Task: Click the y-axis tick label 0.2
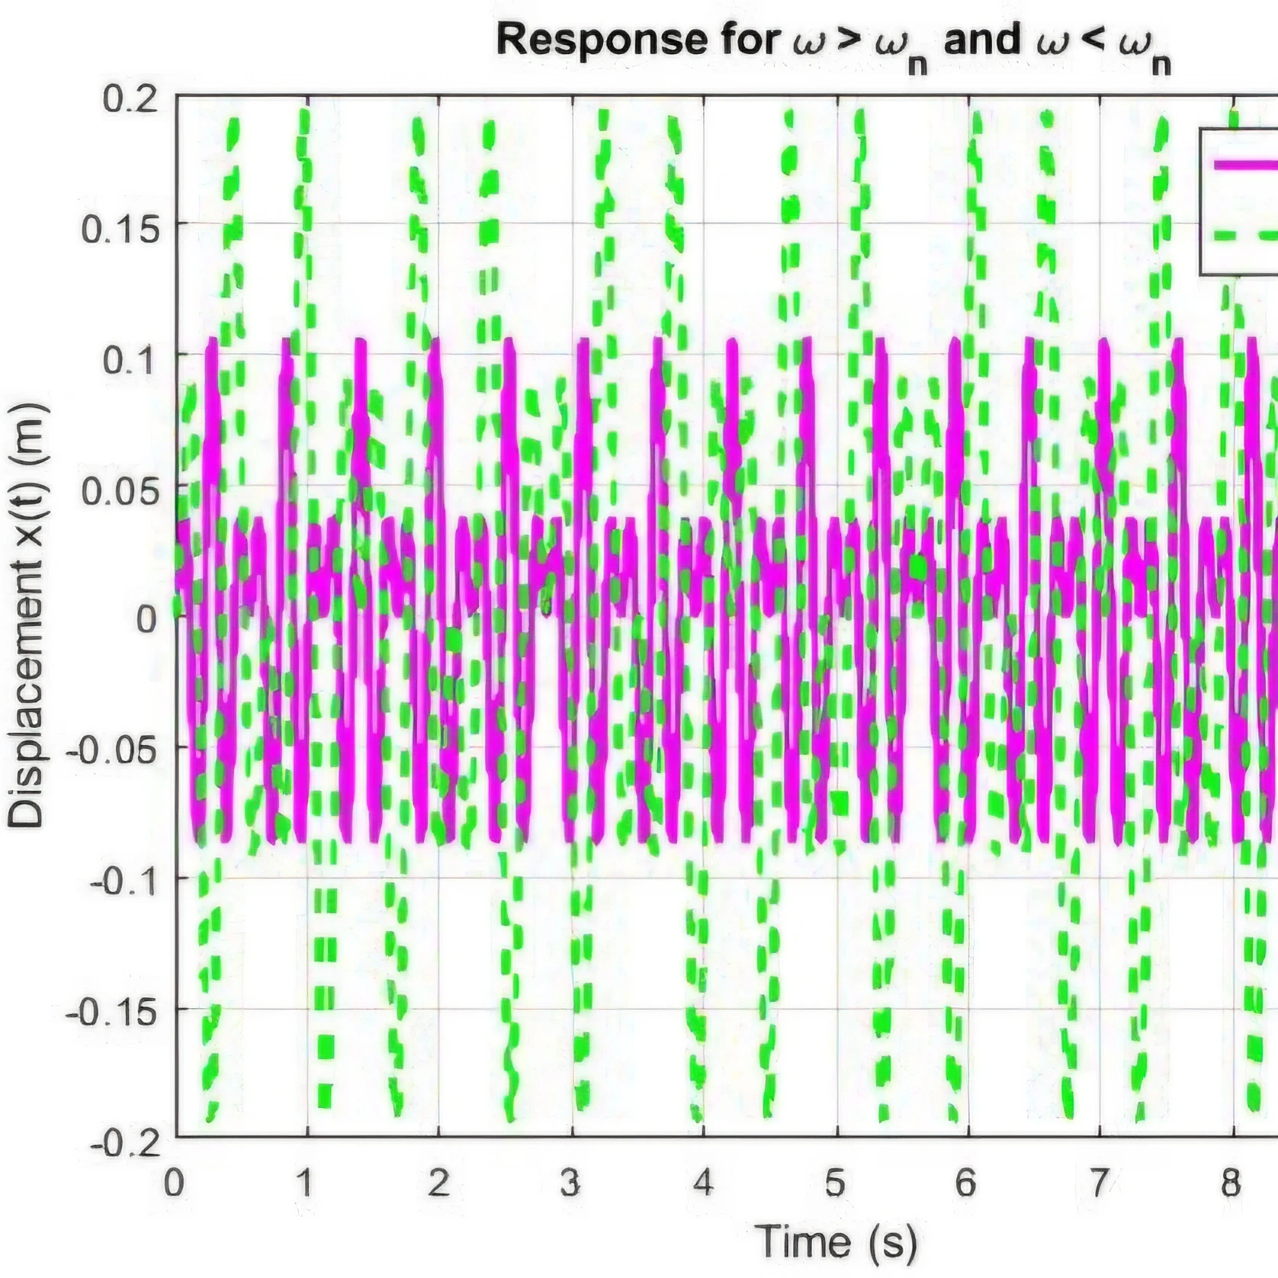(130, 100)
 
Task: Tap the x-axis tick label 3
(570, 1183)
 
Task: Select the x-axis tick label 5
(835, 1183)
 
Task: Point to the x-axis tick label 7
(1098, 1183)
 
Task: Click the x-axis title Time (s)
(835, 1241)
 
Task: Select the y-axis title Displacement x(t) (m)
(26, 616)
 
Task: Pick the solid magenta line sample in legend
(1246, 165)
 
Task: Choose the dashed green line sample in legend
(1246, 234)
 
